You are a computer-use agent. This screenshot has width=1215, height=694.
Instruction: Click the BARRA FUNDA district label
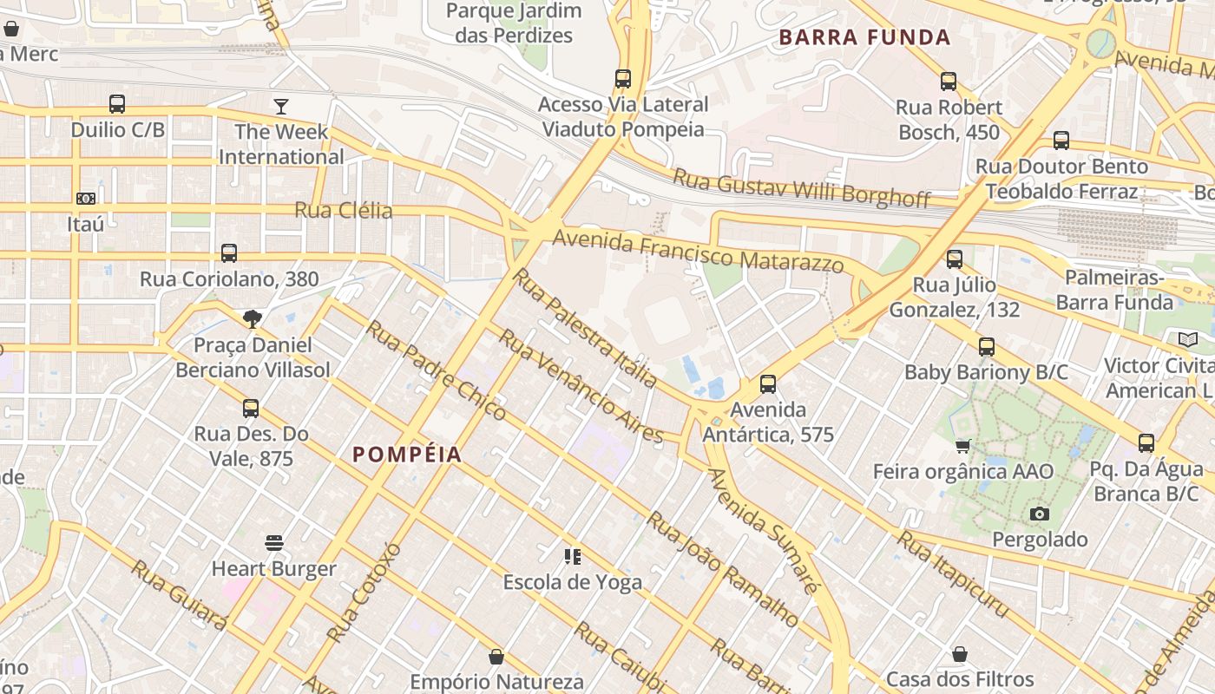[864, 37]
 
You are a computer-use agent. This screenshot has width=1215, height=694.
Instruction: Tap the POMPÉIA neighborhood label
[407, 455]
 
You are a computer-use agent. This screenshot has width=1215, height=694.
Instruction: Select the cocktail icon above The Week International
[280, 106]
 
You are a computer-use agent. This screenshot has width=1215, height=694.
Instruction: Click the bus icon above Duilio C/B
[117, 104]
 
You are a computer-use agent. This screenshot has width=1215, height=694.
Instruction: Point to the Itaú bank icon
[85, 199]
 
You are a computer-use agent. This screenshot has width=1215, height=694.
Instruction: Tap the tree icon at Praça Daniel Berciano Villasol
[253, 319]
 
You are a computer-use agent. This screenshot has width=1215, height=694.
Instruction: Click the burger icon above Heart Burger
[274, 543]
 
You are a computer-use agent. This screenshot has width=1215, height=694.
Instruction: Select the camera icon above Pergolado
[1039, 514]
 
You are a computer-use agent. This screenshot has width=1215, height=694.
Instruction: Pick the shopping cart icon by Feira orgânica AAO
[962, 446]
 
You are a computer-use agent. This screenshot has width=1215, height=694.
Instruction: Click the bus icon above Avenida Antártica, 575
[767, 383]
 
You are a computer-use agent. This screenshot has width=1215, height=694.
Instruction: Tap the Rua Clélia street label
[344, 210]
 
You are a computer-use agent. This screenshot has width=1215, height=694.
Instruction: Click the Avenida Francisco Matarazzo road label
[698, 251]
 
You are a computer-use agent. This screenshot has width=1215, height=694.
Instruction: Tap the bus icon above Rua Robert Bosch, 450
[949, 82]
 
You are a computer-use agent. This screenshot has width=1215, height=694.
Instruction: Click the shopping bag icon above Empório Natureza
[496, 657]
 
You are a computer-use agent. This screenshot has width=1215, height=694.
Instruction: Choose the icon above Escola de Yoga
[572, 556]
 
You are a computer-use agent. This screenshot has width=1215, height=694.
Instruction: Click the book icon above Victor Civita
[1187, 339]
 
